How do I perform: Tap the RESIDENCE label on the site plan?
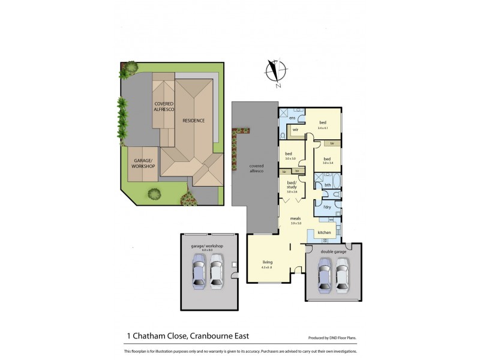tap(194, 121)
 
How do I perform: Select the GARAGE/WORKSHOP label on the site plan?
tap(143, 163)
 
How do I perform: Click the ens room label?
tap(292, 118)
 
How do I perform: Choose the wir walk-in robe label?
tap(296, 130)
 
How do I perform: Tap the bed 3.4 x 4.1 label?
tap(323, 124)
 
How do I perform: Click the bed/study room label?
tap(292, 187)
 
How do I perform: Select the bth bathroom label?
tap(328, 185)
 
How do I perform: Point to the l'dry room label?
tap(327, 208)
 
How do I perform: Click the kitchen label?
tap(324, 232)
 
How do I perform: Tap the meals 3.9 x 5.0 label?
tap(295, 221)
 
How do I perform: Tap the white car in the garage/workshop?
tap(217, 273)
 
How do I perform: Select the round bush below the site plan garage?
tap(155, 194)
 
